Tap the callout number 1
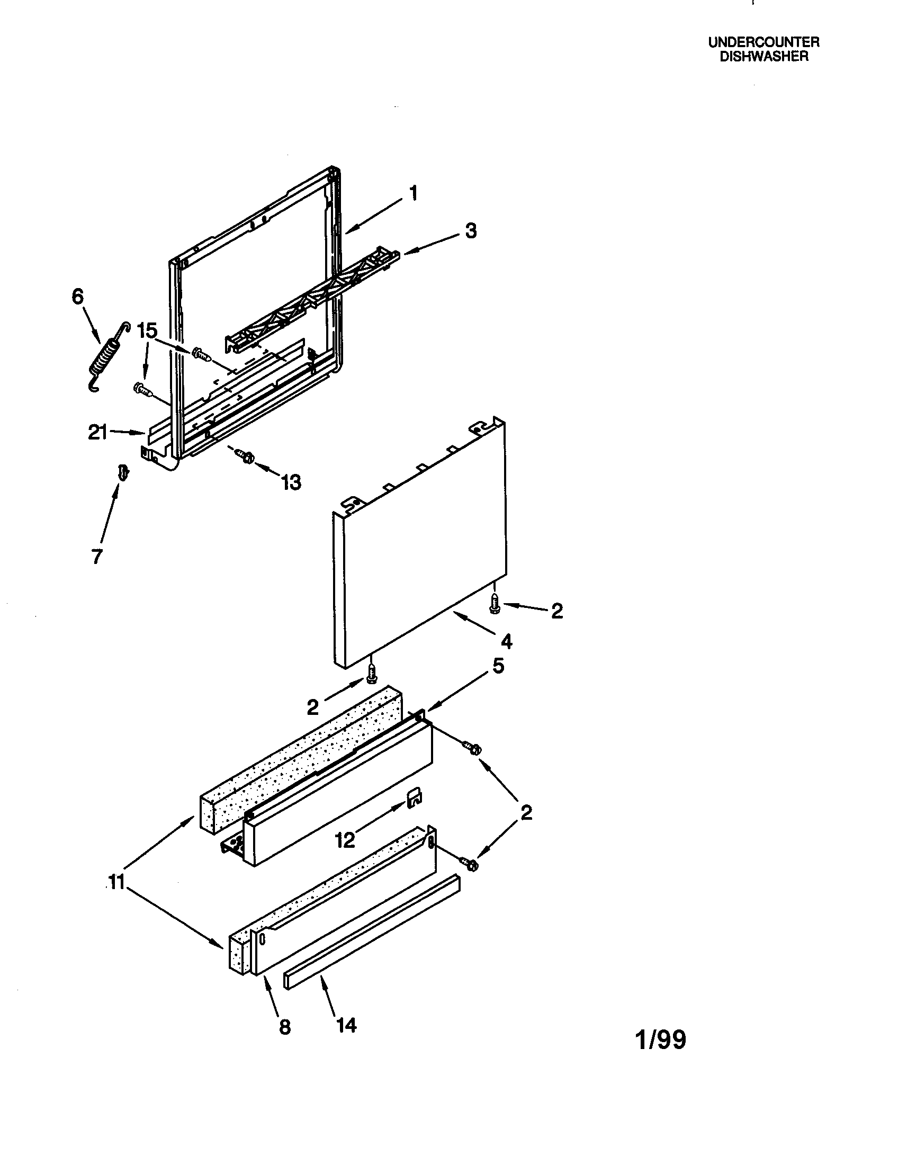(x=413, y=193)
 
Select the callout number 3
(x=470, y=231)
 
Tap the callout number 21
(x=97, y=432)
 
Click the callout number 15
(x=147, y=331)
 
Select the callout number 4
(x=506, y=641)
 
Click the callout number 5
(x=498, y=666)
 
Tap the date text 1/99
(x=661, y=1039)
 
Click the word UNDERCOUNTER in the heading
(x=764, y=42)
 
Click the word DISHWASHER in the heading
(x=764, y=57)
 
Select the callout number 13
(x=291, y=482)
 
